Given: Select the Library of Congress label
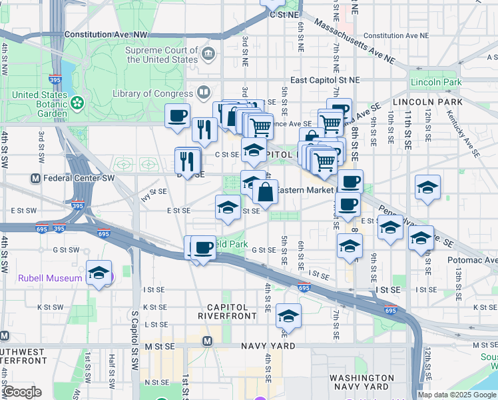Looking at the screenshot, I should pos(152,94).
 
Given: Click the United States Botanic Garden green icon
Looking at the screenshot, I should pos(78,103).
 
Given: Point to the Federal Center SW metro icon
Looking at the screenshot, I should pos(36,179).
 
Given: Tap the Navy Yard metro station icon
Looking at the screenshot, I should pos(207,341).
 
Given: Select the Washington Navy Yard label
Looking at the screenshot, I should pos(360,382).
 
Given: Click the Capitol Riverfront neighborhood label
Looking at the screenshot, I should pos(228,311).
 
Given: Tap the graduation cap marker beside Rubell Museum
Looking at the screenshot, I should pos(99,273).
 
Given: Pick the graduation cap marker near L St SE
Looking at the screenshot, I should pos(288,316).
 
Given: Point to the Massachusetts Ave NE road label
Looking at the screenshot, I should pos(354,42).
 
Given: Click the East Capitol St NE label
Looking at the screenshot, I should pos(325,79).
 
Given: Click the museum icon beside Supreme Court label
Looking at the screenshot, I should pos(208,53).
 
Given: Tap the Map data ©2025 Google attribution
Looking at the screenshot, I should pos(457,395).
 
